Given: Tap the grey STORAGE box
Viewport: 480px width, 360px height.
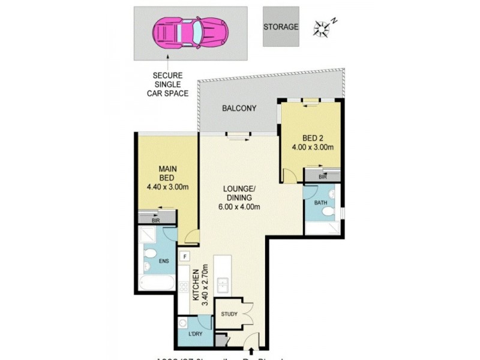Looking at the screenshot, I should click(x=281, y=27).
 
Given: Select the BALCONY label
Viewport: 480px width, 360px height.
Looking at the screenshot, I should click(x=239, y=109).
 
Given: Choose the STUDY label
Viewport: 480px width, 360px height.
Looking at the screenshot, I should click(x=229, y=314).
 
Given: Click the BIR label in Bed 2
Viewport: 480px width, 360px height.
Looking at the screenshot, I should click(x=323, y=178).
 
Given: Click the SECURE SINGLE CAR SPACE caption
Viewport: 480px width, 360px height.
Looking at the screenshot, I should click(x=170, y=85).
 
